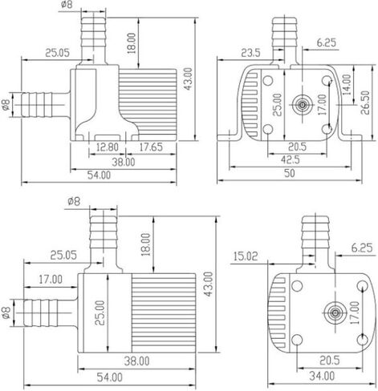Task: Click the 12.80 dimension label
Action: (x=108, y=147)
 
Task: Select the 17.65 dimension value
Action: (x=151, y=147)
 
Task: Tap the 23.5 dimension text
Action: (x=250, y=53)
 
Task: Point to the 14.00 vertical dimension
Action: (x=347, y=85)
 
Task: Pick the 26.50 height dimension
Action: (x=365, y=103)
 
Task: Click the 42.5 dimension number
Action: (x=291, y=159)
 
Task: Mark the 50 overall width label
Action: (x=289, y=173)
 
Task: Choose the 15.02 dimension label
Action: (x=246, y=256)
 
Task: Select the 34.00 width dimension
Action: (x=322, y=376)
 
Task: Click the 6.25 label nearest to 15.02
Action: (x=362, y=248)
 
